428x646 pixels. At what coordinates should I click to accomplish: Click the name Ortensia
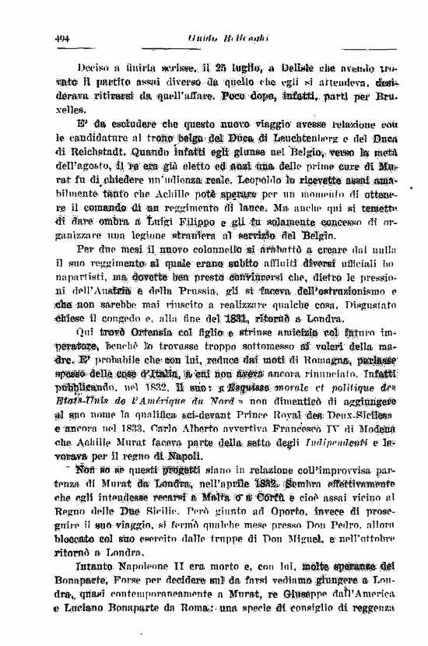point(142,333)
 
